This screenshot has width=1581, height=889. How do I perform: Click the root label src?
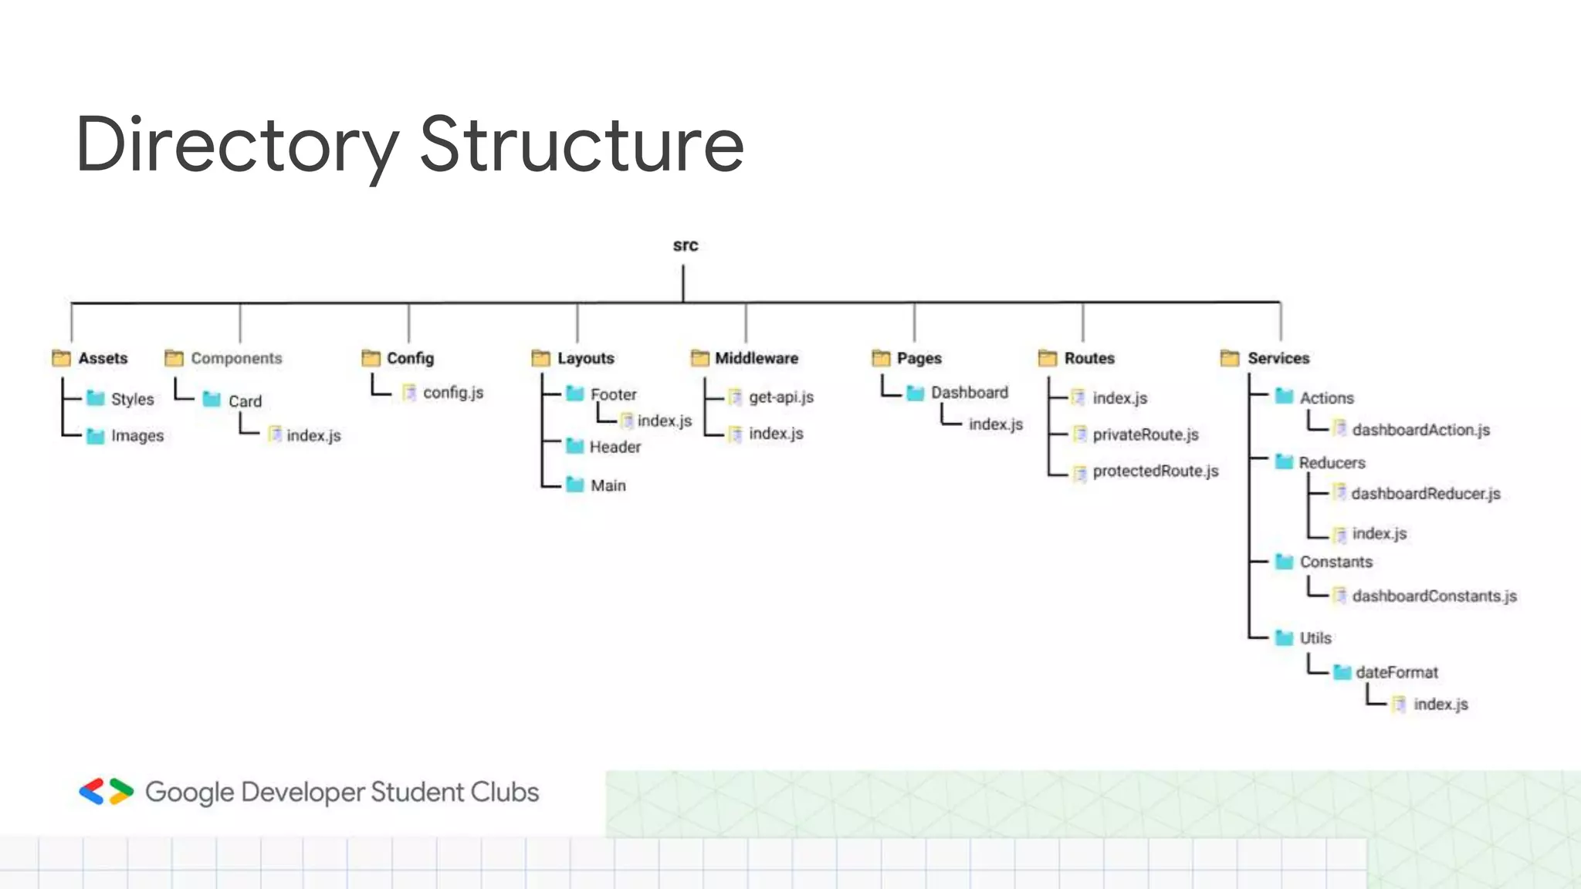click(x=685, y=245)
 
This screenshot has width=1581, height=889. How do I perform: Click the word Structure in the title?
click(x=581, y=144)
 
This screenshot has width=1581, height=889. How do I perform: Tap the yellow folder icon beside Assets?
click(x=61, y=358)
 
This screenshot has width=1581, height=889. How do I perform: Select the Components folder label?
click(x=236, y=358)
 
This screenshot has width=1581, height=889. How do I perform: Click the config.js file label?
click(x=452, y=393)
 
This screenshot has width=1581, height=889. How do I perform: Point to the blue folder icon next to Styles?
click(x=96, y=398)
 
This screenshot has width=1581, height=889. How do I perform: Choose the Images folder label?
click(x=137, y=436)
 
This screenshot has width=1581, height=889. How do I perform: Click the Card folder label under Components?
click(x=245, y=401)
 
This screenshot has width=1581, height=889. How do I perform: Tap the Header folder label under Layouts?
click(x=614, y=447)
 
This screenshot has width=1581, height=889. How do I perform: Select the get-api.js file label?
click(x=780, y=397)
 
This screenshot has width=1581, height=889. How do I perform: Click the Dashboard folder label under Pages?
click(x=969, y=393)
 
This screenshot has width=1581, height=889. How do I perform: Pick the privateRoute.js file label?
click(x=1145, y=434)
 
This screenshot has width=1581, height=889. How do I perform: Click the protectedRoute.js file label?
click(x=1155, y=471)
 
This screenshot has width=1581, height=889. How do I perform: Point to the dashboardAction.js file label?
click(x=1420, y=430)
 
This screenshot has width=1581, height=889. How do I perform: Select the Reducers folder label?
click(x=1332, y=463)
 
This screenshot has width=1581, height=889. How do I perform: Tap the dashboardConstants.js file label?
click(x=1434, y=596)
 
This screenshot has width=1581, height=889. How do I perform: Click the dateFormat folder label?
click(x=1396, y=672)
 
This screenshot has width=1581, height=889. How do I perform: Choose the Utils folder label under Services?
click(x=1315, y=638)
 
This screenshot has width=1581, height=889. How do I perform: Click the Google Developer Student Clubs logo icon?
click(x=107, y=792)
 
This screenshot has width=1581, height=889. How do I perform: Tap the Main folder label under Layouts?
click(x=608, y=485)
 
